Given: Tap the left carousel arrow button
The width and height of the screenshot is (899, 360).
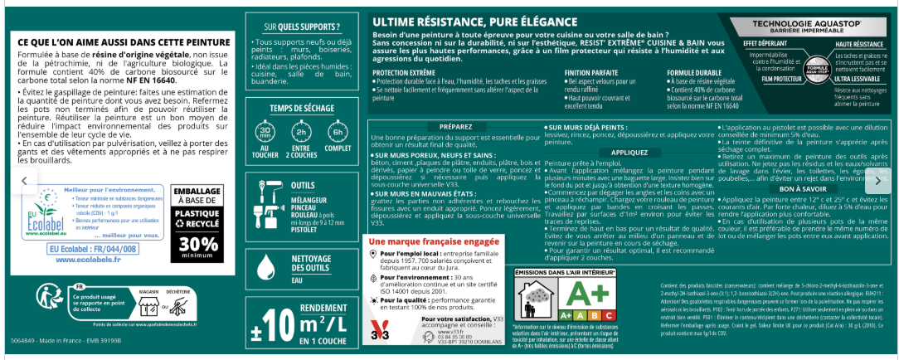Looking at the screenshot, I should (x=23, y=180).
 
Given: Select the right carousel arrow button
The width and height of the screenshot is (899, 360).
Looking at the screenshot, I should (x=877, y=180).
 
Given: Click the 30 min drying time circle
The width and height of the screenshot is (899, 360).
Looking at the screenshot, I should (x=266, y=135).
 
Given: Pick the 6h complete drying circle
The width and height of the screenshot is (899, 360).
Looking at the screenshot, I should (x=338, y=135).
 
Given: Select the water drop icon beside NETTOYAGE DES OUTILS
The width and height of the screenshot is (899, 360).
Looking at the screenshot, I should (x=266, y=266).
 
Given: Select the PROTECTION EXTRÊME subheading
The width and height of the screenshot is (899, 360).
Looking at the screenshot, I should (x=404, y=73).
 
